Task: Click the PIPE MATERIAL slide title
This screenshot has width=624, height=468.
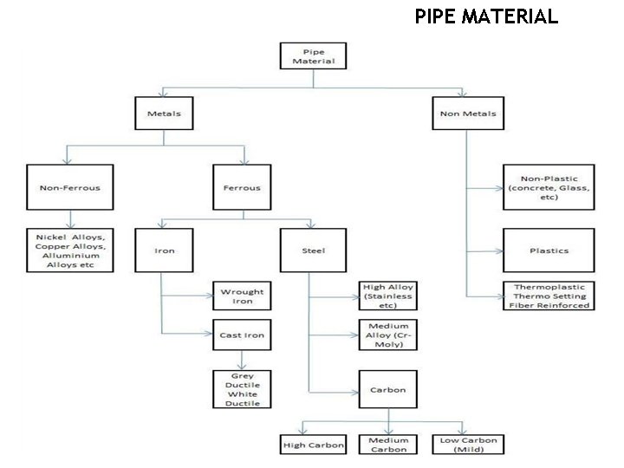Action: (486, 16)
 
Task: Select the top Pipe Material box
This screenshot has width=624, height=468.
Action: (314, 56)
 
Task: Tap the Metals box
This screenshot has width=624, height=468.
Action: (164, 113)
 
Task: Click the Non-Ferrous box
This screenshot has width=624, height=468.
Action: (70, 186)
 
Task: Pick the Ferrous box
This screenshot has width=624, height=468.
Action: (243, 186)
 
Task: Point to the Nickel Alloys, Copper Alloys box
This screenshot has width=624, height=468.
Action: (70, 250)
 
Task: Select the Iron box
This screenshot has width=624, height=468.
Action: (165, 250)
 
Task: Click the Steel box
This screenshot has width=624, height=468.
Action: (314, 250)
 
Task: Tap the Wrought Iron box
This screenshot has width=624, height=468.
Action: (242, 296)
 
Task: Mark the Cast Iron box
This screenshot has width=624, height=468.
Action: (242, 334)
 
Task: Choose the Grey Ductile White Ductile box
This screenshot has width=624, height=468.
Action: (242, 389)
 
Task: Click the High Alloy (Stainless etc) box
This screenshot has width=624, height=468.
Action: (388, 296)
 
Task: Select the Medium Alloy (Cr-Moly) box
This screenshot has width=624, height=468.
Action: (388, 335)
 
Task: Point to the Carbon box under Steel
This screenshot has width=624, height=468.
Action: (388, 389)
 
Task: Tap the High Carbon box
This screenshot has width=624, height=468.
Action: (314, 445)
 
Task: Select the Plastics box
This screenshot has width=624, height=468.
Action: (549, 250)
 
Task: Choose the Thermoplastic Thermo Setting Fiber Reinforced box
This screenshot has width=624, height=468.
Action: (549, 296)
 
